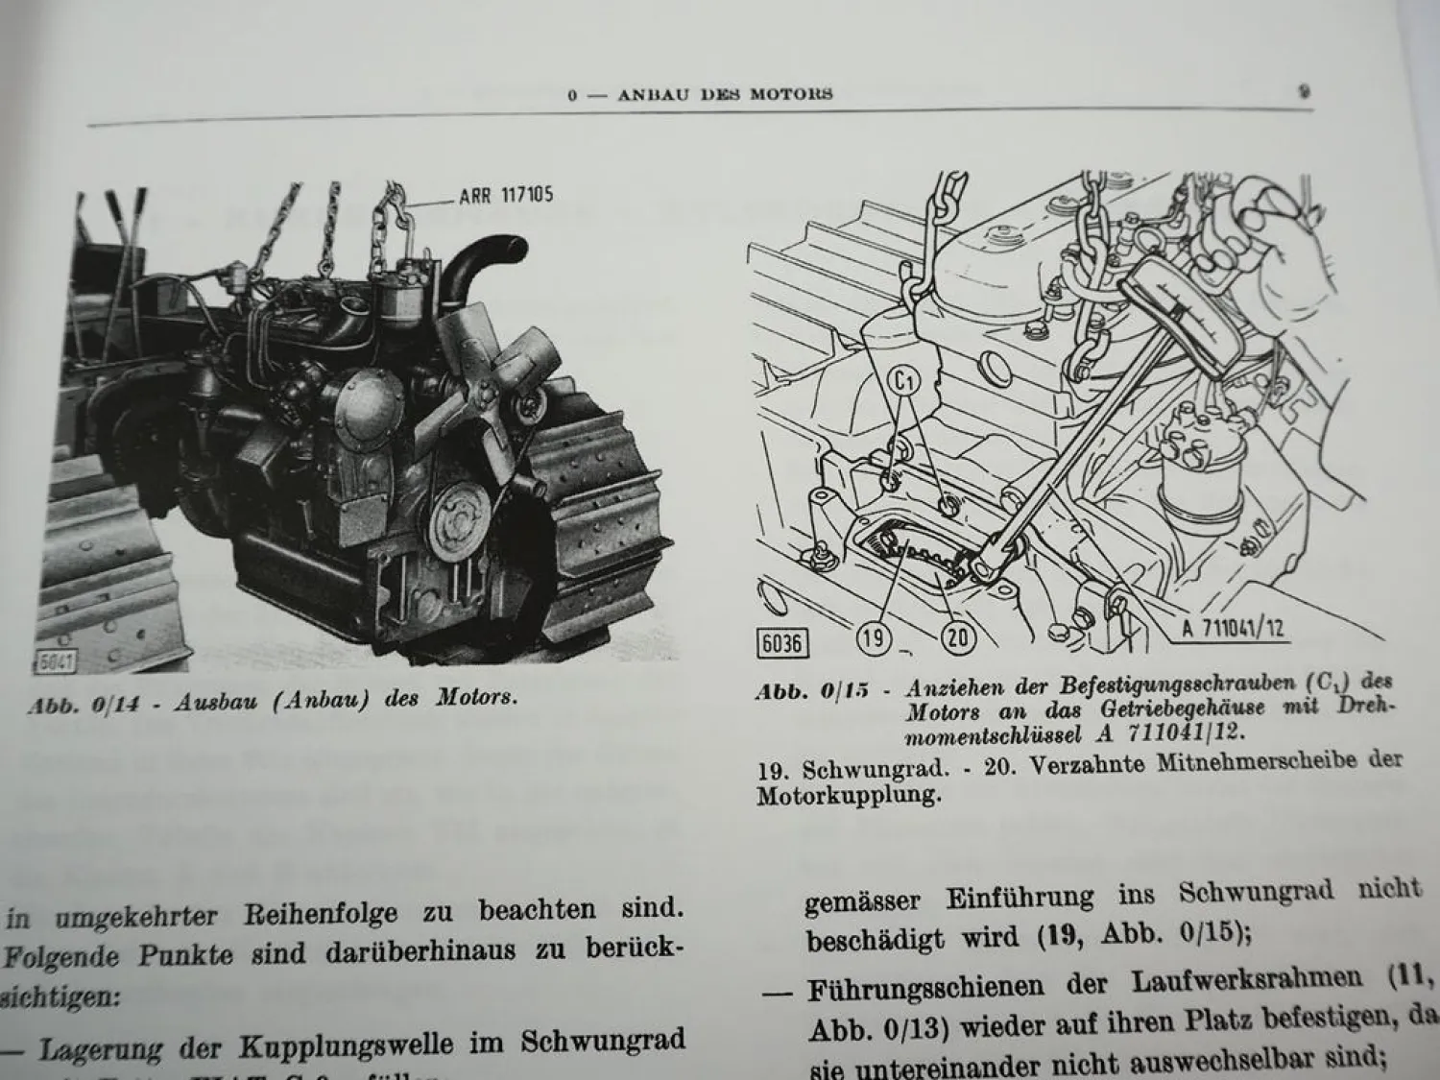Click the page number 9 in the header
click(x=1304, y=92)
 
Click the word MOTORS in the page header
click(x=793, y=94)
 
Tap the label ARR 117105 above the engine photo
click(x=506, y=197)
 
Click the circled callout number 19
click(x=874, y=638)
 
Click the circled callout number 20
click(x=957, y=638)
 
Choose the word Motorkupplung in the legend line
click(x=845, y=796)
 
